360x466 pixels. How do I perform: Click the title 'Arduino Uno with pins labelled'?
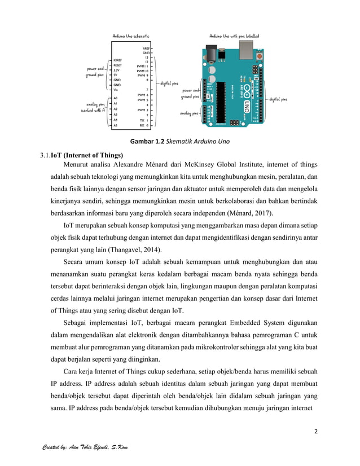point(234,36)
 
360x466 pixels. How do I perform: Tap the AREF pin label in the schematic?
point(146,49)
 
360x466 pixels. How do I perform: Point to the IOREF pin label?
point(118,59)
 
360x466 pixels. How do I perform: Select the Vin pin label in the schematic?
point(116,90)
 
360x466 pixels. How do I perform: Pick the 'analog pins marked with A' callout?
point(95,107)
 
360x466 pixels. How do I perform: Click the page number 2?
point(317,432)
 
